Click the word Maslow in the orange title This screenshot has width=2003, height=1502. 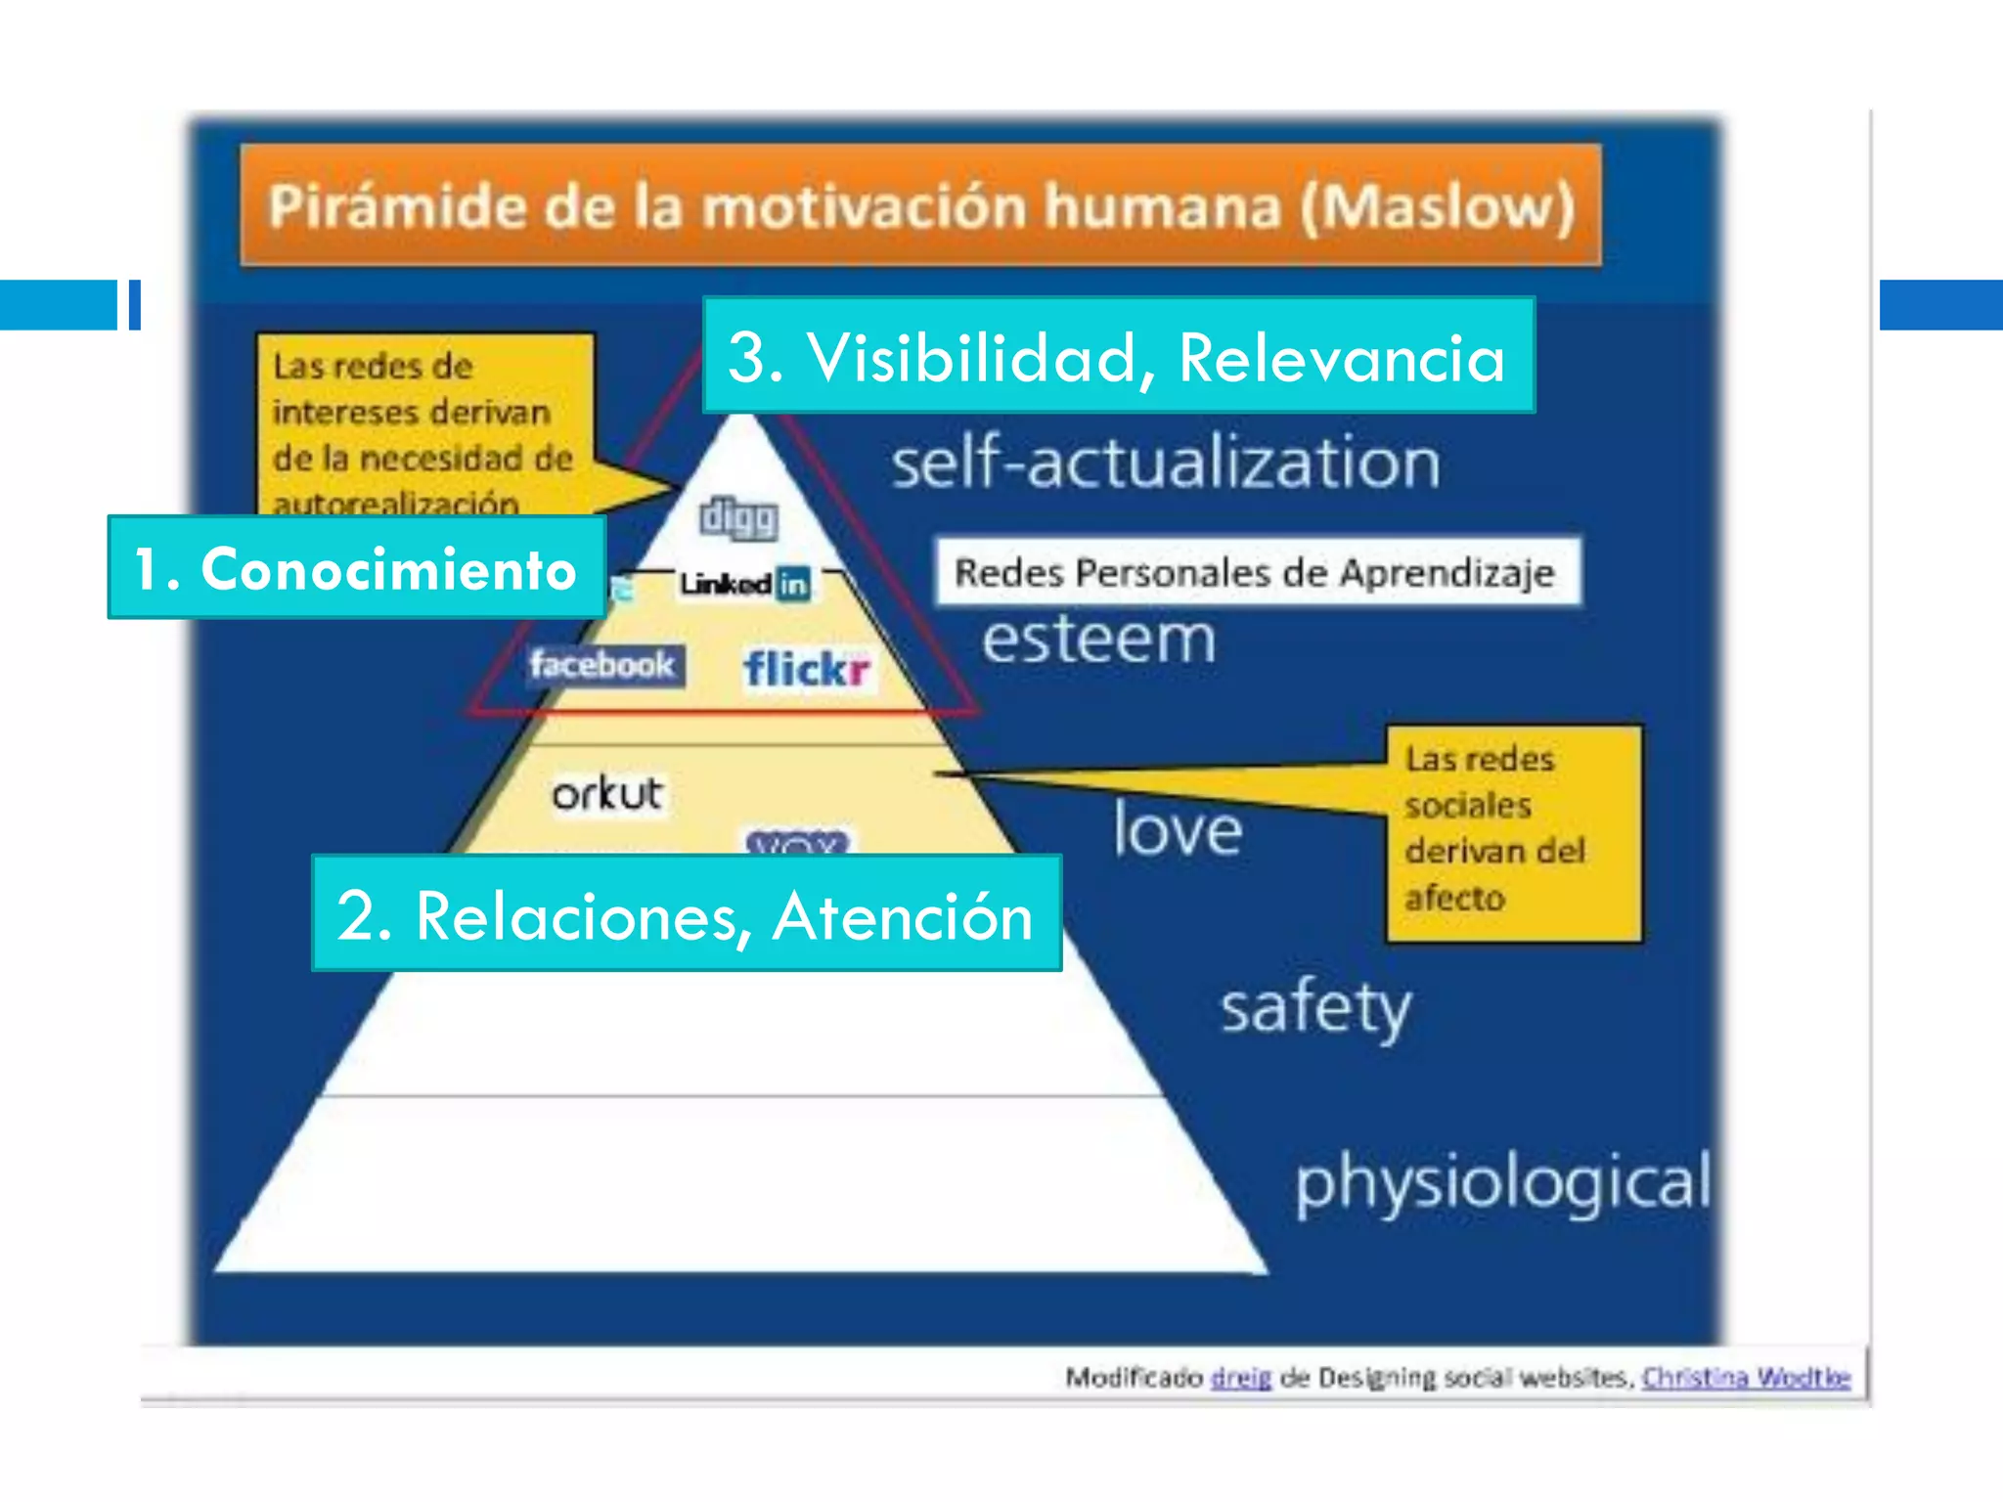pos(1438,207)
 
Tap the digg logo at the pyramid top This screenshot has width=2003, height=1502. pos(738,518)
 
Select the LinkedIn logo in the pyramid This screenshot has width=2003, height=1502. pos(745,584)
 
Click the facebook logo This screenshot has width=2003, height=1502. pos(601,665)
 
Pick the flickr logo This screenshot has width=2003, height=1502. pos(806,670)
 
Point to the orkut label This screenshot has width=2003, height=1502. pos(606,793)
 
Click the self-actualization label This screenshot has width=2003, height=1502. pos(1165,463)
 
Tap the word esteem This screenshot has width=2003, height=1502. pos(1098,640)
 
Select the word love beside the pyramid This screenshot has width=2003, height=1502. pos(1178,830)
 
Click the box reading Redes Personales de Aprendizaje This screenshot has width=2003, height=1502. pos(1256,572)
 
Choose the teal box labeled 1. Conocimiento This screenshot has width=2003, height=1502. pos(356,568)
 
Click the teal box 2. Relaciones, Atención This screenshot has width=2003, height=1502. pos(686,914)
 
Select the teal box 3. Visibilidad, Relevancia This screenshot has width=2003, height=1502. pos(1118,356)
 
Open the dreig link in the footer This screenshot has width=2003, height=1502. pos(1240,1378)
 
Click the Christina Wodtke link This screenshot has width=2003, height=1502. pos(1746,1378)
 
